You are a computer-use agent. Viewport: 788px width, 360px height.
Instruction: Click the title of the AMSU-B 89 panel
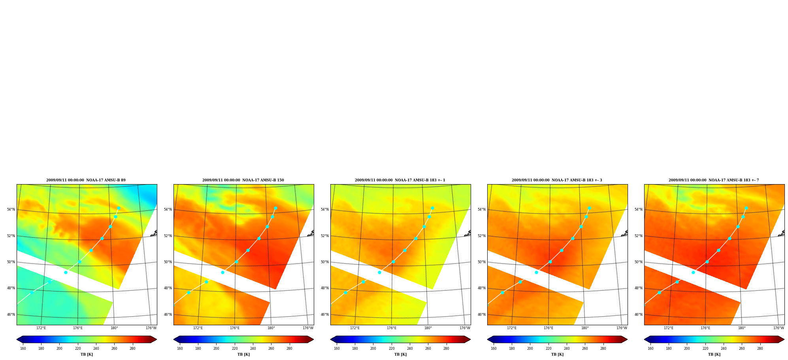[x=86, y=180]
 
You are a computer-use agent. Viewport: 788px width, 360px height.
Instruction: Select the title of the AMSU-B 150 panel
[x=243, y=180]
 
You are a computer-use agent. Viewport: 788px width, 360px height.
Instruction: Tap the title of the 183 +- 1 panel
[x=400, y=180]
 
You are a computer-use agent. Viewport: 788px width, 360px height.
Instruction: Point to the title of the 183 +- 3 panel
[x=557, y=180]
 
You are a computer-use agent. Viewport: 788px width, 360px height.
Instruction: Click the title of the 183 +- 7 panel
[x=714, y=180]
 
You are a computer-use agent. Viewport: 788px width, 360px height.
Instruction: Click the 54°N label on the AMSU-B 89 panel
[x=11, y=209]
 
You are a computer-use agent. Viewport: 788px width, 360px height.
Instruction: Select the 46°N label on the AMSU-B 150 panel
[x=168, y=315]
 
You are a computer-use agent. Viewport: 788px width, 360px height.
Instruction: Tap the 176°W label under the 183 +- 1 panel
[x=465, y=328]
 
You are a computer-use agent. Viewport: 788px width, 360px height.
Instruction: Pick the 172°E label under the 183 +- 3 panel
[x=512, y=328]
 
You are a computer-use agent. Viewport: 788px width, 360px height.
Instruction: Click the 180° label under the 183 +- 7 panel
[x=742, y=328]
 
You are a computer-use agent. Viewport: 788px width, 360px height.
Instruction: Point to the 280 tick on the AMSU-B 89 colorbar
[x=132, y=349]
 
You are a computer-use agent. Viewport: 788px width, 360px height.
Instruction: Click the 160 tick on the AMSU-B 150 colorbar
[x=180, y=349]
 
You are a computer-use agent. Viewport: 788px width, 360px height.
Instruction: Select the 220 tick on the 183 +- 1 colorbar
[x=392, y=349]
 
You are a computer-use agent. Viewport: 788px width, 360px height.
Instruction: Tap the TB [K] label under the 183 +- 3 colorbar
[x=557, y=354]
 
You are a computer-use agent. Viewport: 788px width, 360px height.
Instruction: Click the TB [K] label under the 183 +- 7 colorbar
[x=714, y=354]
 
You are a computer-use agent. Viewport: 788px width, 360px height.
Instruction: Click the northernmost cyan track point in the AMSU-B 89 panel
[x=119, y=208]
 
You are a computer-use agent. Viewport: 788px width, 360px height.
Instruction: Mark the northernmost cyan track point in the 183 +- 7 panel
[x=746, y=208]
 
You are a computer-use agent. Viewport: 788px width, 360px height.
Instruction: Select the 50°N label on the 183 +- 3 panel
[x=481, y=262]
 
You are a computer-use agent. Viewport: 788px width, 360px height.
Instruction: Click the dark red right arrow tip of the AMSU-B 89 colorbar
[x=156, y=339]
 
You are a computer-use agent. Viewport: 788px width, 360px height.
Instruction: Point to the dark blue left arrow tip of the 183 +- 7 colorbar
[x=645, y=339]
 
